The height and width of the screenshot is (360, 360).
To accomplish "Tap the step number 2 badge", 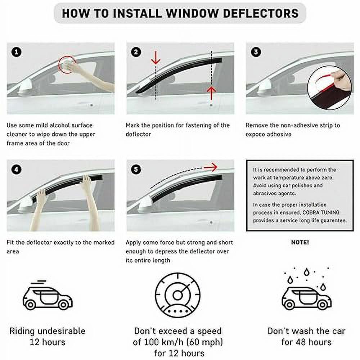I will click(136, 52).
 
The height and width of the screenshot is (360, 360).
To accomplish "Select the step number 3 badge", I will click(255, 52).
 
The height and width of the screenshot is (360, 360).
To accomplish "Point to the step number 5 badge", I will click(136, 169).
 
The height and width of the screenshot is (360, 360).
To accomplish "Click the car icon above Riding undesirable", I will click(48, 297).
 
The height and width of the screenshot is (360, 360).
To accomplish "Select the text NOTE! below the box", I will click(300, 242).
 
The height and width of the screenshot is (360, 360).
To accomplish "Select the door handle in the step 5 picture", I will click(211, 222).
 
